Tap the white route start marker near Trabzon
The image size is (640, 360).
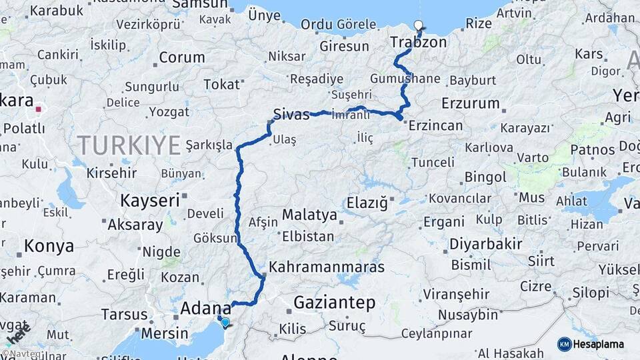[419, 26]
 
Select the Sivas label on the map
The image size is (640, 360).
[291, 115]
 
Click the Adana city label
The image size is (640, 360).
[206, 309]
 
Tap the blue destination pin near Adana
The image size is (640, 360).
[225, 323]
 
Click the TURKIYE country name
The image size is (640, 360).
[129, 145]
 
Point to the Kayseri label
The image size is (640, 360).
[150, 199]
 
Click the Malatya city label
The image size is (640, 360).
[309, 215]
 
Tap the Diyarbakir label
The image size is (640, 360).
[485, 244]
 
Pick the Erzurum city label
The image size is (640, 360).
[470, 103]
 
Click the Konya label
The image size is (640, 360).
[49, 246]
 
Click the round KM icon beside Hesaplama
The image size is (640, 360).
[564, 344]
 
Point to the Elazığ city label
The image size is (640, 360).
[367, 203]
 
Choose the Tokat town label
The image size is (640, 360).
[221, 85]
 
